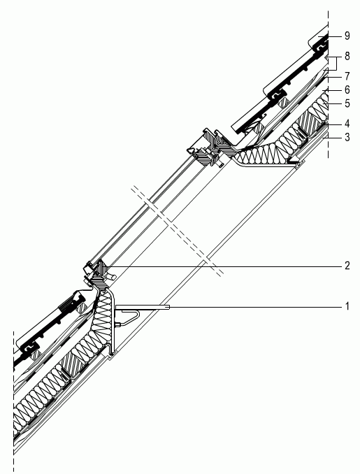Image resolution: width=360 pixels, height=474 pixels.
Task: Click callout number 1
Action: [347, 306]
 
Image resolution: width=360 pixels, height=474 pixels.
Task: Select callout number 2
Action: [347, 266]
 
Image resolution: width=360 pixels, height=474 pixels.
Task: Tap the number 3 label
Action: [347, 137]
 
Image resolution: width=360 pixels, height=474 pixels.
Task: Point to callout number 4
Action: [347, 124]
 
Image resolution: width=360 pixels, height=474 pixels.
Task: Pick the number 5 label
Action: [347, 103]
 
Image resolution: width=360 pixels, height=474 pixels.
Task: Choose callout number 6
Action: [347, 89]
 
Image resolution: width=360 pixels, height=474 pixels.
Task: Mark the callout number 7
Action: [347, 76]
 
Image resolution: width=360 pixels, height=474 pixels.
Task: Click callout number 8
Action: [347, 56]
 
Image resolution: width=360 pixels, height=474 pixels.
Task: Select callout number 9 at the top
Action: [347, 36]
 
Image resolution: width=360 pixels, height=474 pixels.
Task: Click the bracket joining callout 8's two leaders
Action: [337, 63]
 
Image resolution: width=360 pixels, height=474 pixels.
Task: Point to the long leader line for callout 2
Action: [224, 266]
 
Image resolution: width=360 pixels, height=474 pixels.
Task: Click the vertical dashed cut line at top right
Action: [329, 85]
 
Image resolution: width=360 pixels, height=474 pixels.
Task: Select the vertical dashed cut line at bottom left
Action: [13, 401]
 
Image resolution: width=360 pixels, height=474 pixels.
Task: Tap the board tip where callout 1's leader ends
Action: [168, 308]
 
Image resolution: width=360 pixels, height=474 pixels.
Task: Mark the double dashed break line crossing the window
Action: [178, 231]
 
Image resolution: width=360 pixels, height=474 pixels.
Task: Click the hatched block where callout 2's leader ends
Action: [102, 267]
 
